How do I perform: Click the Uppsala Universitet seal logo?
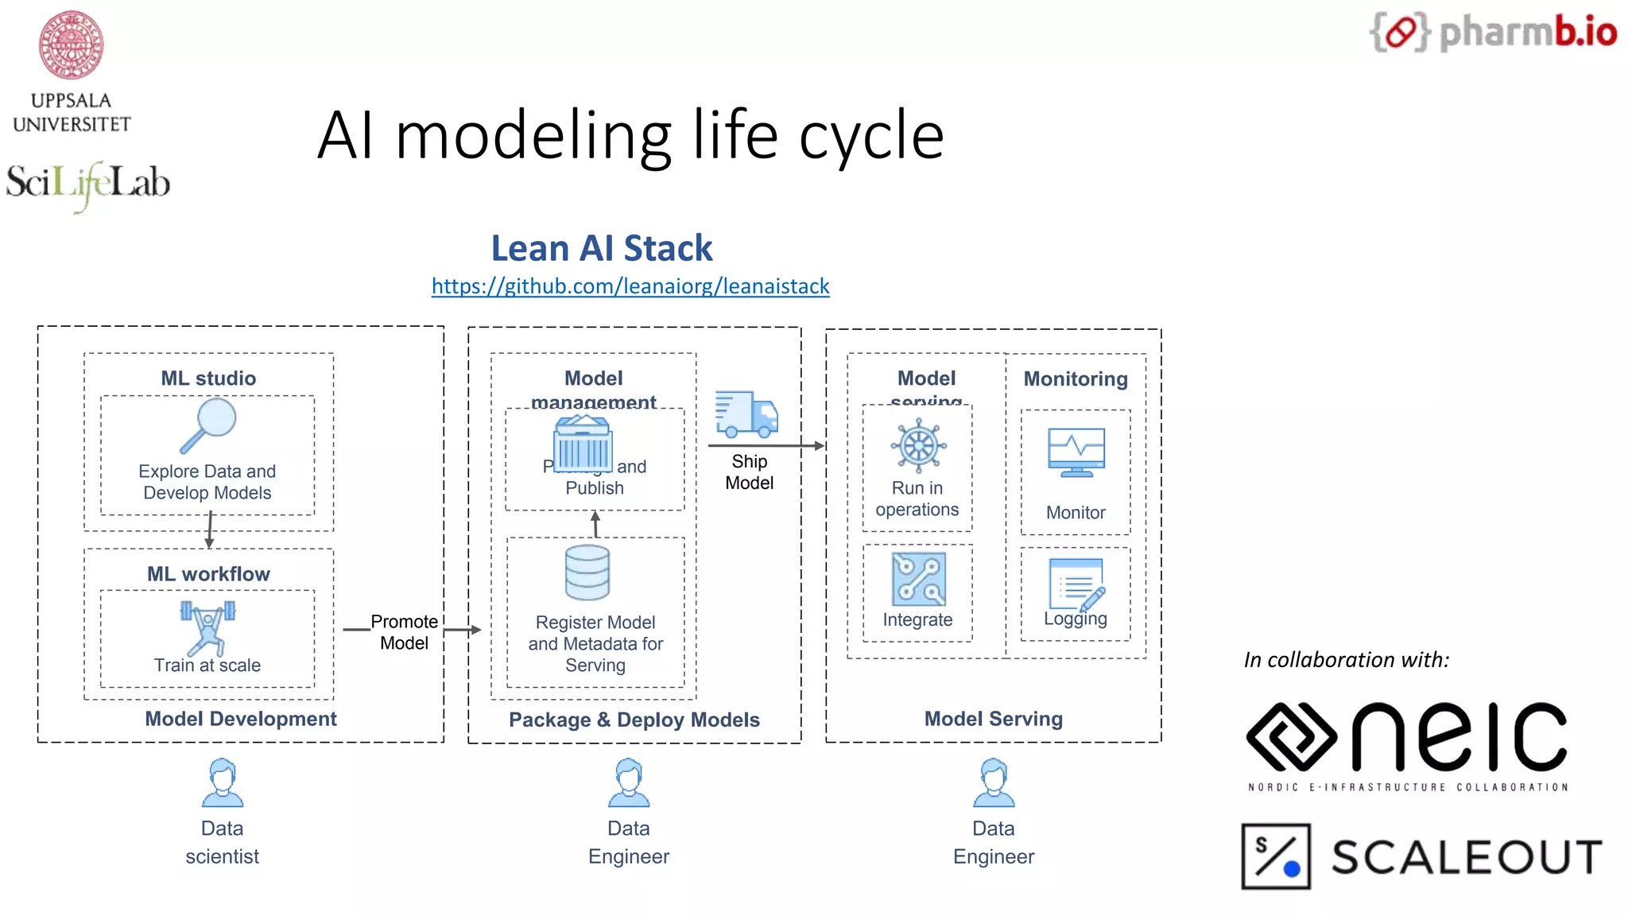click(72, 45)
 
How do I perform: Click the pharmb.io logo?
click(1493, 33)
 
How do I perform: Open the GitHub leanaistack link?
click(630, 286)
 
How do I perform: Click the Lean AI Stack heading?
click(602, 248)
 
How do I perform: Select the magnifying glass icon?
click(208, 425)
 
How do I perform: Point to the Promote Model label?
click(404, 632)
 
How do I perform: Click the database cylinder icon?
click(587, 572)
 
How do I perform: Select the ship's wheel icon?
click(918, 445)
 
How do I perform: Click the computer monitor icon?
click(1076, 452)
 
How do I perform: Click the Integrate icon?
click(919, 579)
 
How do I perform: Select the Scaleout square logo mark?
click(1276, 856)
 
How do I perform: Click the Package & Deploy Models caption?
click(634, 720)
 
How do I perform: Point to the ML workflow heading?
click(208, 574)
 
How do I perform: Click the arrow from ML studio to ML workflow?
click(210, 530)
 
